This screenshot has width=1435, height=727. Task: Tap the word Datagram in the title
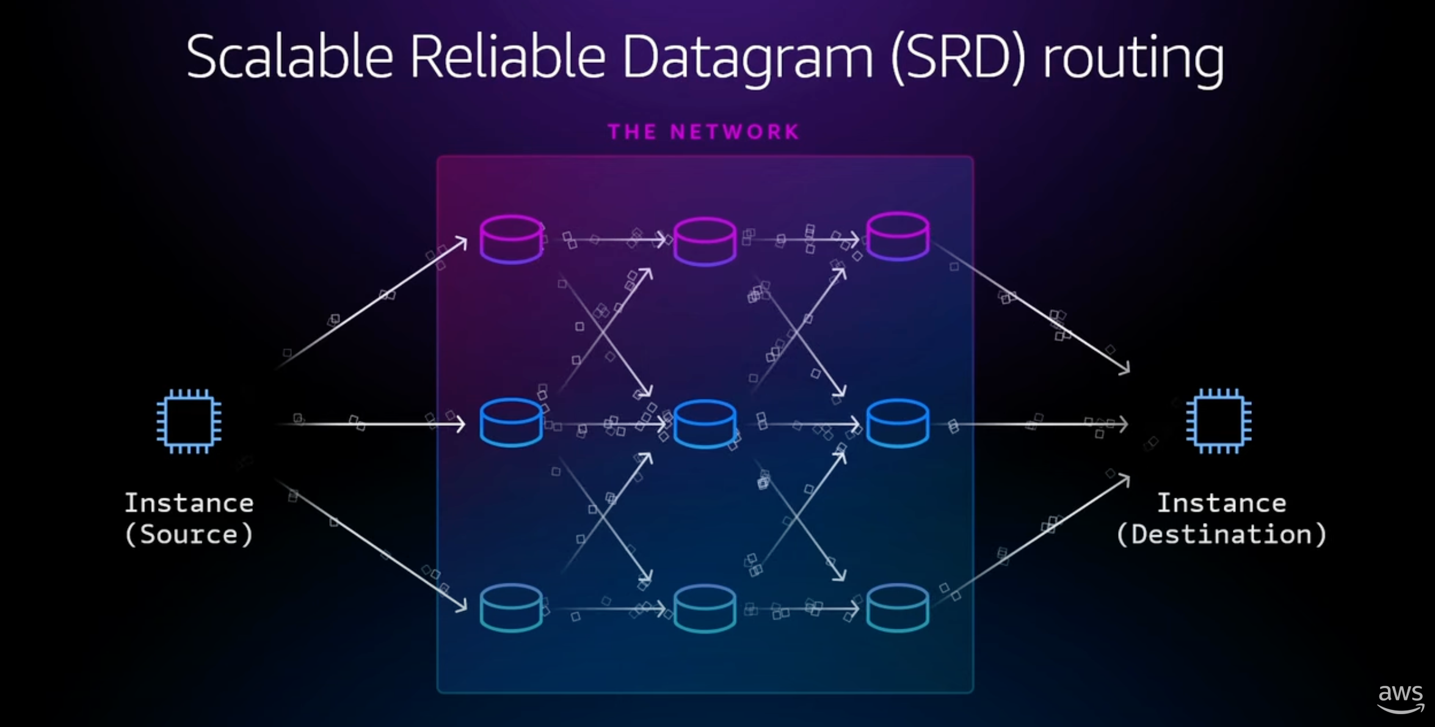[747, 58]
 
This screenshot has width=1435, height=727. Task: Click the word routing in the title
[1133, 58]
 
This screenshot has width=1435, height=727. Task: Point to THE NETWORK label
[704, 132]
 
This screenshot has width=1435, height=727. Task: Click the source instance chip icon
[189, 422]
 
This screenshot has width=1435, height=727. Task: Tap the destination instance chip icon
[1219, 422]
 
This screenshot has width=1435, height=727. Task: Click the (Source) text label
[189, 535]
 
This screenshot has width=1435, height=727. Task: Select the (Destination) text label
[1221, 535]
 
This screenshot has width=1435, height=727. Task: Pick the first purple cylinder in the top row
[511, 239]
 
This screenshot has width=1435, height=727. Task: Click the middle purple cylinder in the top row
[705, 241]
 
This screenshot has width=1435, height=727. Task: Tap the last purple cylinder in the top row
[898, 236]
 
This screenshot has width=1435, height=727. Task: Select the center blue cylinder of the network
[705, 424]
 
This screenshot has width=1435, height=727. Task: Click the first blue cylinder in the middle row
[511, 422]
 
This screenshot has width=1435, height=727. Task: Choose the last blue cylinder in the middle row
[898, 423]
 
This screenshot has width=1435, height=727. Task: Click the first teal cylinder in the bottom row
[511, 607]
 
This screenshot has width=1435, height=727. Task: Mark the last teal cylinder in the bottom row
[898, 607]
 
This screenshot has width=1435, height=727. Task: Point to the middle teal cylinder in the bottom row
[705, 608]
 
